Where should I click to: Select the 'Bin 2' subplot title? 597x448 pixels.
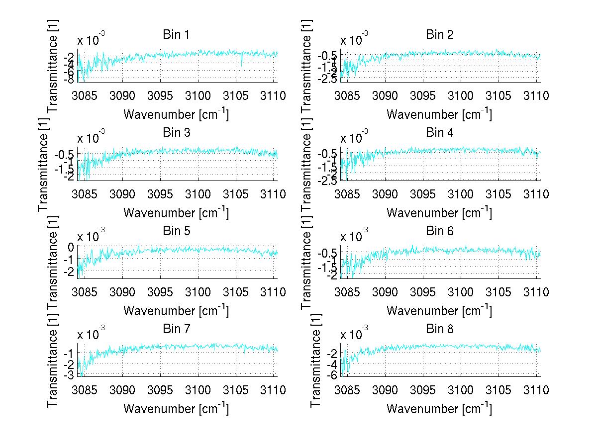coord(440,35)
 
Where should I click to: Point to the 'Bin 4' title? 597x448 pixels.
coord(440,133)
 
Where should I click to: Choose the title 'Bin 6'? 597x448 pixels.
coord(440,231)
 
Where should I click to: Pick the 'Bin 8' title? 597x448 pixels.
coord(440,329)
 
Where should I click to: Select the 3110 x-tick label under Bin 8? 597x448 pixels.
coord(536,390)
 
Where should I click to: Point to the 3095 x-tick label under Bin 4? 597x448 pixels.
coord(423,194)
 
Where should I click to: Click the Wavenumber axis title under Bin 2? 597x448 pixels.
coord(439,114)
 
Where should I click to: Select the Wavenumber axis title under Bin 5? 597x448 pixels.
coord(176,310)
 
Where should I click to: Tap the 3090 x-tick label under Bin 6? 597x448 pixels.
coord(386,292)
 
